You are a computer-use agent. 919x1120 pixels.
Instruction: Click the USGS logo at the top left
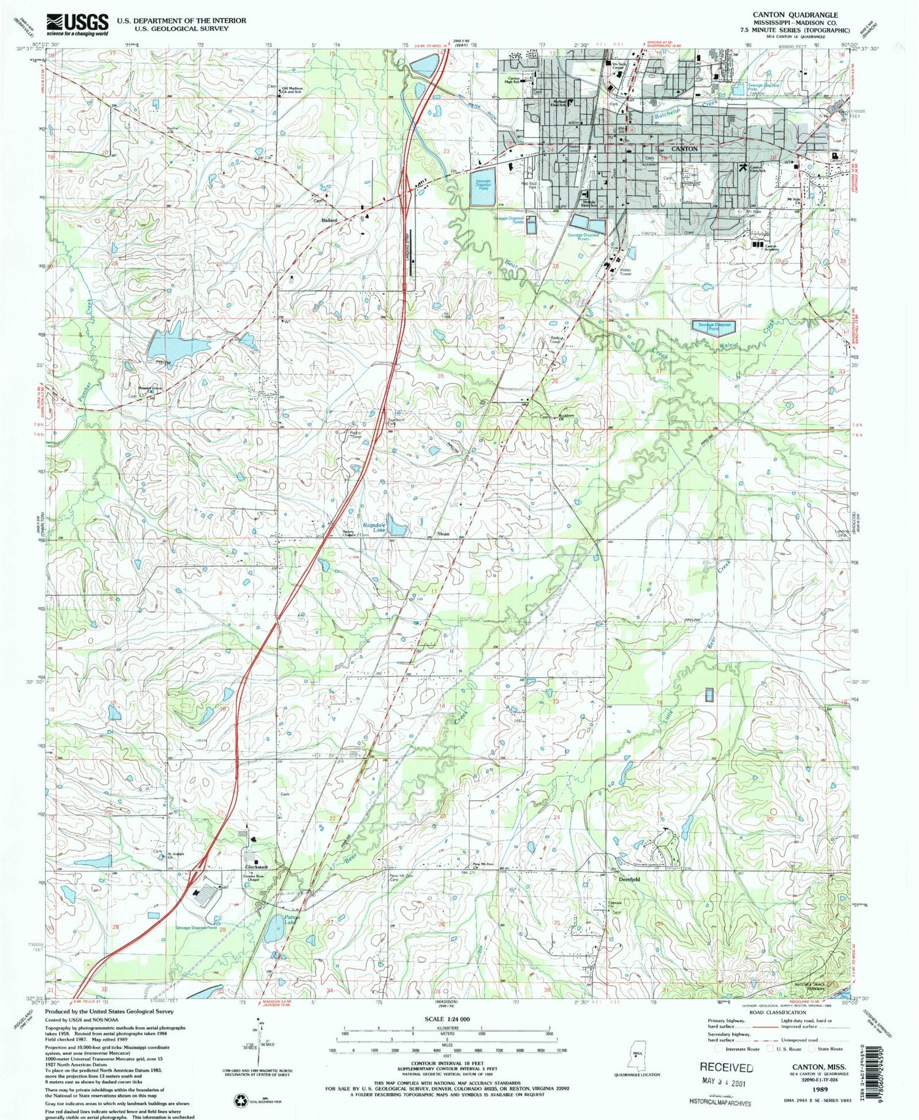pyautogui.click(x=77, y=25)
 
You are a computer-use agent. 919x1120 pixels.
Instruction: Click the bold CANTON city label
pyautogui.click(x=684, y=149)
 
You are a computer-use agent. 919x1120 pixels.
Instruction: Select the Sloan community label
pyautogui.click(x=443, y=534)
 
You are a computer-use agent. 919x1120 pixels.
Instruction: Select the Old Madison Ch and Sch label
pyautogui.click(x=292, y=89)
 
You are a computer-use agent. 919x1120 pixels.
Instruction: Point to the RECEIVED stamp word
pyautogui.click(x=726, y=1067)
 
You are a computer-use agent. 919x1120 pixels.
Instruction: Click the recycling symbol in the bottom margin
pyautogui.click(x=239, y=1100)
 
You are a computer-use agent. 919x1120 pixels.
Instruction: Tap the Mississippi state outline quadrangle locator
pyautogui.click(x=640, y=1059)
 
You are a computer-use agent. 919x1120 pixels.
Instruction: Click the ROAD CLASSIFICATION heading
pyautogui.click(x=774, y=1013)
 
